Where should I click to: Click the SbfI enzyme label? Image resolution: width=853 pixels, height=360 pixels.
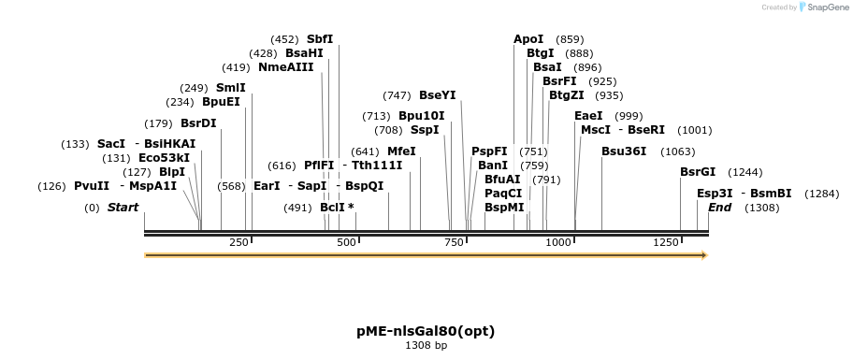(x=320, y=39)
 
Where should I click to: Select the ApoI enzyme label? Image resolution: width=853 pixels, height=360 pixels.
(x=528, y=39)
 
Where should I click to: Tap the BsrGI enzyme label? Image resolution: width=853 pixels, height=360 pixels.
(x=698, y=172)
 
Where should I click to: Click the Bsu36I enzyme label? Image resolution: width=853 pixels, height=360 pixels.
(x=624, y=151)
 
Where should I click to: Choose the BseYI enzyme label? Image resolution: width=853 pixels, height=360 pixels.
(x=438, y=95)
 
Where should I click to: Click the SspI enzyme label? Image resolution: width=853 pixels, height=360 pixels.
(x=425, y=130)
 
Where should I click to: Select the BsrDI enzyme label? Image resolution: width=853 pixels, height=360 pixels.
(x=198, y=123)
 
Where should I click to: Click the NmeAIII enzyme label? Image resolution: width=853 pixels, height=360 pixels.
(x=286, y=67)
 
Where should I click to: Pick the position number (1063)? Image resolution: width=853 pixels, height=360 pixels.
(x=678, y=151)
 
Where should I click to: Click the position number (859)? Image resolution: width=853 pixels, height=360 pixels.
(x=570, y=39)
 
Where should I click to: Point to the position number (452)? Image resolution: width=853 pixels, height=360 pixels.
(x=284, y=39)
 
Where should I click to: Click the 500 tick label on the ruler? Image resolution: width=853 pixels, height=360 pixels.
(x=347, y=242)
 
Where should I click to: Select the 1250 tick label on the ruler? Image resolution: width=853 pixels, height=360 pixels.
(x=666, y=242)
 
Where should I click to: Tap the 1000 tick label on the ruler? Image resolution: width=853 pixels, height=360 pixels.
(x=559, y=242)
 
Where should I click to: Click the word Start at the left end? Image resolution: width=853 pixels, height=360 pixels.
(x=123, y=208)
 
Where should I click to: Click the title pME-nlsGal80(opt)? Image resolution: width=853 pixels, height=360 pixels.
(x=426, y=331)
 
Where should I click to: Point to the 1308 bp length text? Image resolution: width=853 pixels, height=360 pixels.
(x=426, y=346)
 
